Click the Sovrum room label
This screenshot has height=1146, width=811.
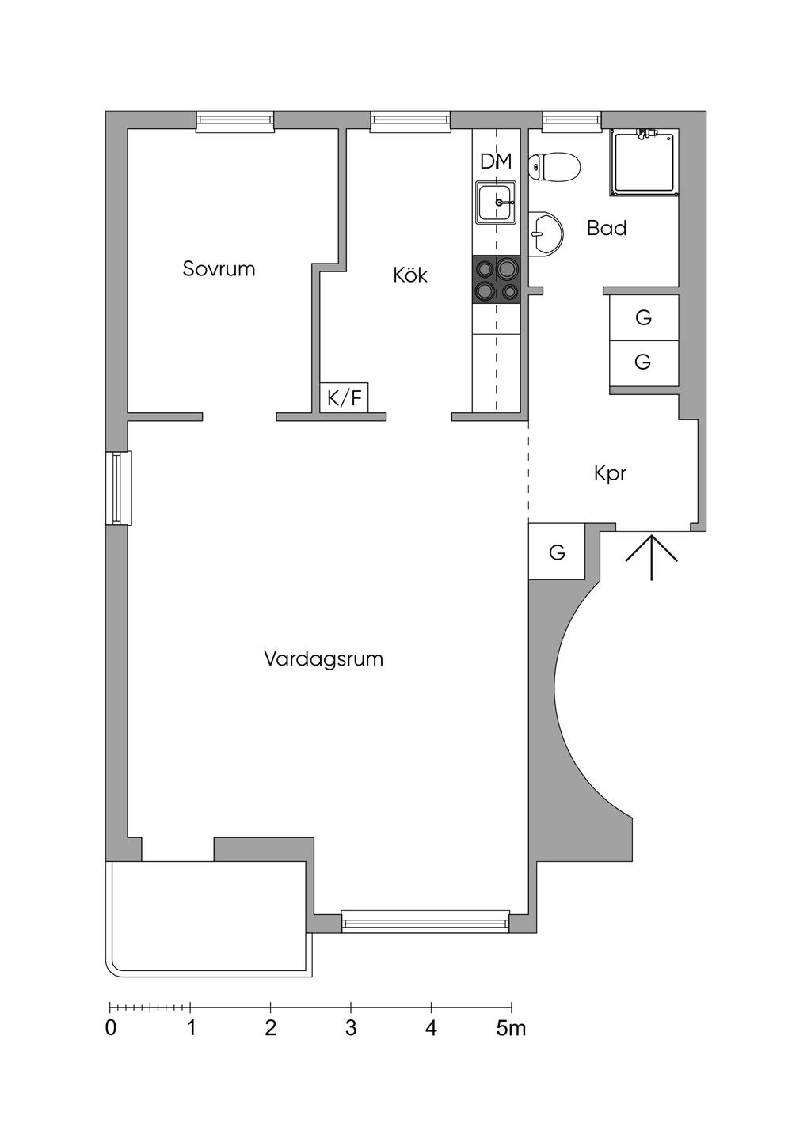[219, 268]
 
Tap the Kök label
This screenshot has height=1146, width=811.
[410, 275]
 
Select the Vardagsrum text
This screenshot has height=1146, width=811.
[323, 658]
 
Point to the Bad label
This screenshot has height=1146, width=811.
[607, 228]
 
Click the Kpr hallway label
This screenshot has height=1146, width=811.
[610, 473]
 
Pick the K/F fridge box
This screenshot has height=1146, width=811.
[345, 397]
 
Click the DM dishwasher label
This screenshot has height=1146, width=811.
[496, 161]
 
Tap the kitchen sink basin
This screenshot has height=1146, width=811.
[497, 202]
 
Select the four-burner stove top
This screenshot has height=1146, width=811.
[497, 279]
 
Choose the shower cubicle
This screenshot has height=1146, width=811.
[644, 163]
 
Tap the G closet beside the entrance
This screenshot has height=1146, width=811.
[557, 552]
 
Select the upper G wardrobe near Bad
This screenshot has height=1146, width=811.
[643, 317]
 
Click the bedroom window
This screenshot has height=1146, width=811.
[235, 120]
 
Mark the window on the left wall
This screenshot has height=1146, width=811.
[119, 488]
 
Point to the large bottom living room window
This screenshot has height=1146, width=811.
[425, 920]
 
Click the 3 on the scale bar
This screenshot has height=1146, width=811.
[351, 1028]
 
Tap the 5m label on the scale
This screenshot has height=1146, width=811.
[511, 1028]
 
